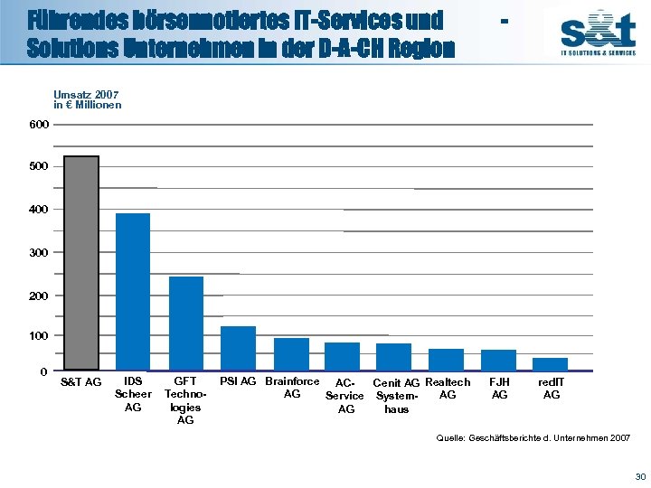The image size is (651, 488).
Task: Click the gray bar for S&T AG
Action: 81,264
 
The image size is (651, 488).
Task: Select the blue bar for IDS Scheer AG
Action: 133,292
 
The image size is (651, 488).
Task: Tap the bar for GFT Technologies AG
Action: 186,324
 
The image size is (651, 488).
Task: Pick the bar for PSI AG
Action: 239,348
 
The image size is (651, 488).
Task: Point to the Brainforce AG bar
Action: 291,354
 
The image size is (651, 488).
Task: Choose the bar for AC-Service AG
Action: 343,357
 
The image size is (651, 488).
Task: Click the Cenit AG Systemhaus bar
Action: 393,357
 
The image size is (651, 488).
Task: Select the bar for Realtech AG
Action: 446,360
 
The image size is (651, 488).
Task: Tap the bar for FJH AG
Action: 498,360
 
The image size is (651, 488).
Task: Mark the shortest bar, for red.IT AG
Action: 550,364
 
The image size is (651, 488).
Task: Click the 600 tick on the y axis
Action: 39,124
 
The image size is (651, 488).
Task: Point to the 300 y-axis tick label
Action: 39,252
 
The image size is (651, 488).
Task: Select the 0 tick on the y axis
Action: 43,371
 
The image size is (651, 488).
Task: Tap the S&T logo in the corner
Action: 598,34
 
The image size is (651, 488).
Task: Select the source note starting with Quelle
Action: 533,437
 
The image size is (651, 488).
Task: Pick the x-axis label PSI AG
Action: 239,382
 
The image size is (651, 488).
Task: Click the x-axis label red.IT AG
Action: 552,389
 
